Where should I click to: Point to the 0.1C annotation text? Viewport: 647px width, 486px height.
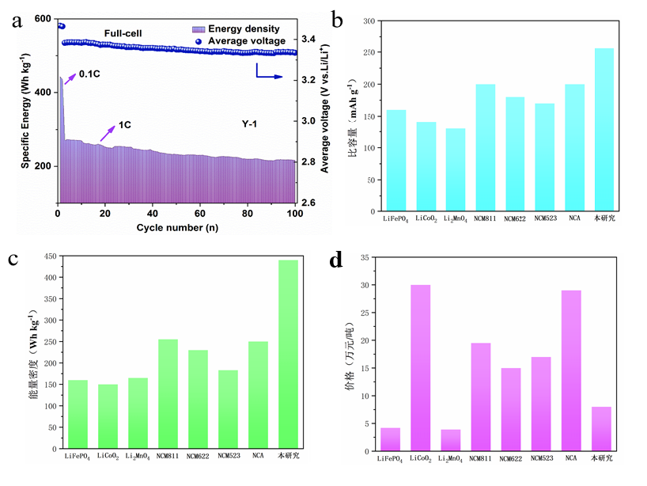click(89, 75)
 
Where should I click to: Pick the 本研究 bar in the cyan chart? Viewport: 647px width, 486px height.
click(603, 130)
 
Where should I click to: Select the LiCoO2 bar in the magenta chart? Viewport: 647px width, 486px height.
click(420, 368)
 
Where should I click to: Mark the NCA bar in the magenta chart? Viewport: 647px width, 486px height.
click(570, 370)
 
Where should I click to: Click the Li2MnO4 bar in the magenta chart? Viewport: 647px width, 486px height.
click(450, 440)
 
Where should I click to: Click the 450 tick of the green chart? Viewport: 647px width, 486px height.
click(50, 256)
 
